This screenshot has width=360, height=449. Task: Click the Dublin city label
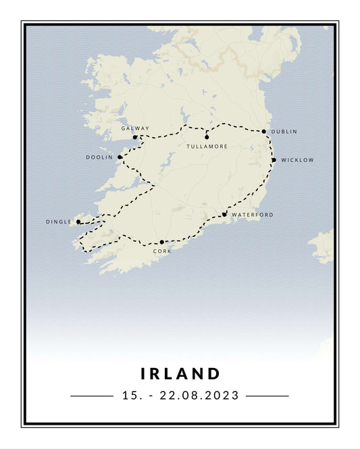click(x=284, y=132)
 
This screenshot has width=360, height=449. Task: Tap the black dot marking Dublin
click(x=264, y=132)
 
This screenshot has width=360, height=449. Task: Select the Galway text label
click(x=135, y=128)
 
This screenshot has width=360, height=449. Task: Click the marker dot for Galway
click(x=135, y=137)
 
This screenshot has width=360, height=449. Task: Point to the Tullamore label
click(x=207, y=147)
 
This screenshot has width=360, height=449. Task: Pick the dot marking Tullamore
click(x=207, y=137)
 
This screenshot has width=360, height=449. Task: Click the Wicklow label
click(x=297, y=160)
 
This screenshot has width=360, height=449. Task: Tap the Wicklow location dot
click(x=274, y=160)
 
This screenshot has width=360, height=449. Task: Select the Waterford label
click(x=253, y=215)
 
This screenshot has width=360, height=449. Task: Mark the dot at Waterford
click(x=224, y=215)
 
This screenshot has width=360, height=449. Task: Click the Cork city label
click(x=162, y=251)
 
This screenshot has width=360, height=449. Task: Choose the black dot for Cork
click(x=162, y=242)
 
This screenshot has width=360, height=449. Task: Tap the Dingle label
click(x=59, y=221)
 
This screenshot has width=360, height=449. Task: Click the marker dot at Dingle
click(x=78, y=221)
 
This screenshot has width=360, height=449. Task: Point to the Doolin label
click(x=99, y=157)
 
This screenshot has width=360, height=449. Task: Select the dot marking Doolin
click(x=120, y=157)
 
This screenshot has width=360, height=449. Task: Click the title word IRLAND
click(x=180, y=373)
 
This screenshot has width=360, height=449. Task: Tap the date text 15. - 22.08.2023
click(x=180, y=396)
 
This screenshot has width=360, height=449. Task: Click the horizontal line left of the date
click(x=91, y=396)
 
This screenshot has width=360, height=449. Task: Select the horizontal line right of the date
click(x=267, y=396)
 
